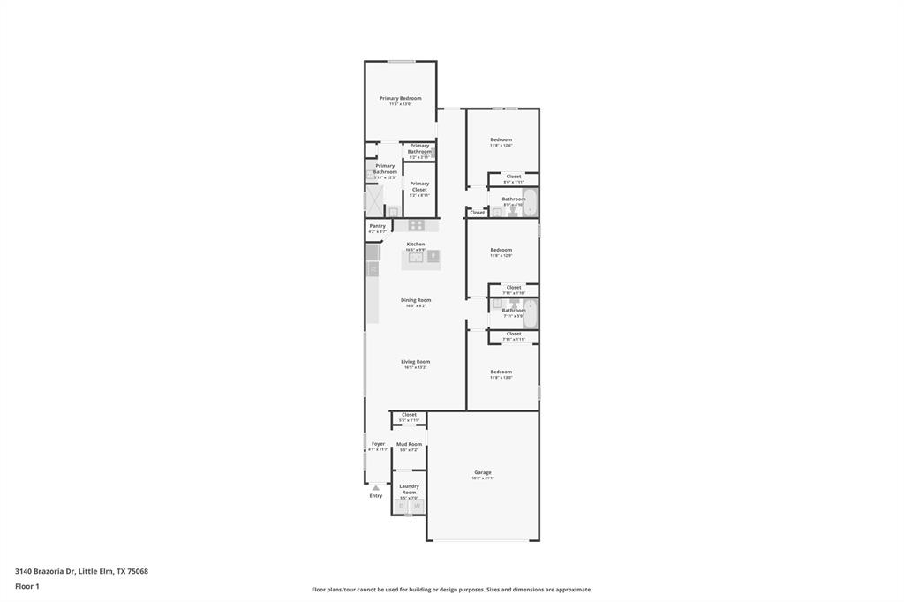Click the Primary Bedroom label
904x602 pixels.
[400, 98]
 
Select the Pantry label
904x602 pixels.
[377, 226]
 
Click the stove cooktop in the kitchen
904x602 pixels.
[416, 225]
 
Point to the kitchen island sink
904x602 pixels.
[415, 258]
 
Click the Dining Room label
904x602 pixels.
[415, 300]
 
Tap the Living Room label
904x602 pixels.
[415, 362]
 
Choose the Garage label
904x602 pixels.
[483, 472]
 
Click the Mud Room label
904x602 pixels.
[409, 444]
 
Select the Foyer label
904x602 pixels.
[378, 444]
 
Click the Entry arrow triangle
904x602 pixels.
[375, 487]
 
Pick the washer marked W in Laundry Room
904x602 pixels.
[417, 507]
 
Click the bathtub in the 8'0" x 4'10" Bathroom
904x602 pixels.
[531, 202]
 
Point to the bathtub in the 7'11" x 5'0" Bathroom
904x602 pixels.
[531, 312]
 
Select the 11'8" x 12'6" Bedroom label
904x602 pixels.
[501, 139]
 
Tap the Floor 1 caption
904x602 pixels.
[27, 586]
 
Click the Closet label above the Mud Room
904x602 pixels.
[409, 414]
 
